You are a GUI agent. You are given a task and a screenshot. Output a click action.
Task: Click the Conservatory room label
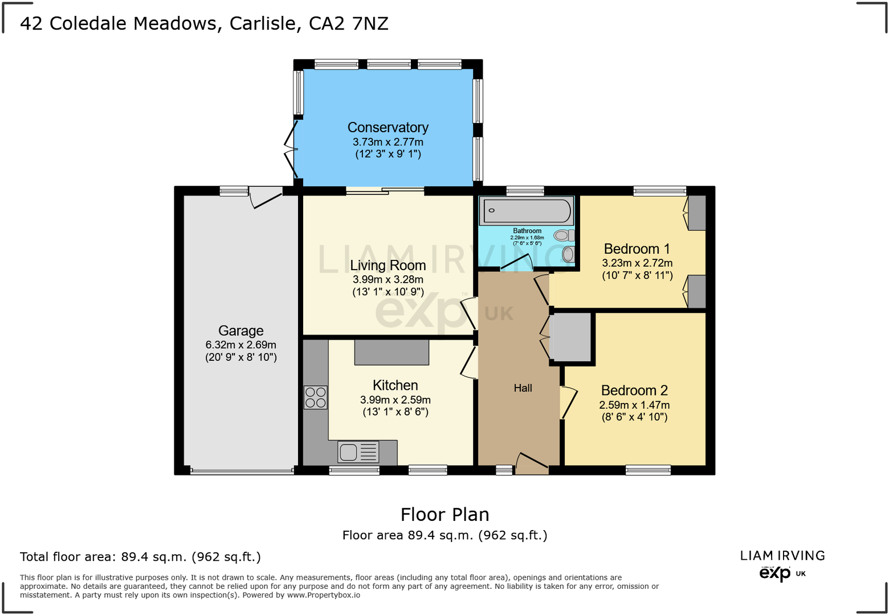tap(388, 128)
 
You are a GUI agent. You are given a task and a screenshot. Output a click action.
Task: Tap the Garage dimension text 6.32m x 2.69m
tap(240, 345)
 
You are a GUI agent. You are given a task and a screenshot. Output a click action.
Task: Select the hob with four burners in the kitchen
tap(316, 397)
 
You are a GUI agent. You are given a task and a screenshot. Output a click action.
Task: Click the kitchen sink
tap(349, 453)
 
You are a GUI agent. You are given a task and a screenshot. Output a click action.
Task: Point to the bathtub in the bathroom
tap(527, 211)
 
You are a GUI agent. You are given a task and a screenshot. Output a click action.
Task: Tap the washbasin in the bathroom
tap(568, 253)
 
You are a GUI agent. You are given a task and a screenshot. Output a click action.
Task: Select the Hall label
tap(523, 388)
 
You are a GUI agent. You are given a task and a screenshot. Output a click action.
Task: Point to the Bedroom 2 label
tap(634, 390)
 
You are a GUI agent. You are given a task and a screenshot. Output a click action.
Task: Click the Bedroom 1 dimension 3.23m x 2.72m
tap(637, 263)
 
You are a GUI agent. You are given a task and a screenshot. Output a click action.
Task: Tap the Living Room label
tap(388, 266)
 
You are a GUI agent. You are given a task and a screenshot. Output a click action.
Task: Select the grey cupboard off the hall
tap(570, 337)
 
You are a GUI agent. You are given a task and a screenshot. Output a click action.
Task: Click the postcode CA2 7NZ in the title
tap(348, 23)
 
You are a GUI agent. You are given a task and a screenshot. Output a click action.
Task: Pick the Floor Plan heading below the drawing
tap(444, 515)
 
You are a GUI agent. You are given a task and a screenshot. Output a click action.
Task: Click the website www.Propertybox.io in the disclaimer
tap(323, 595)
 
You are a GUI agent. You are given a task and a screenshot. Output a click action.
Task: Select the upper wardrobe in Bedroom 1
tap(697, 213)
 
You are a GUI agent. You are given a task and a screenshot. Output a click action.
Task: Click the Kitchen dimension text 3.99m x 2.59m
tap(395, 400)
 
